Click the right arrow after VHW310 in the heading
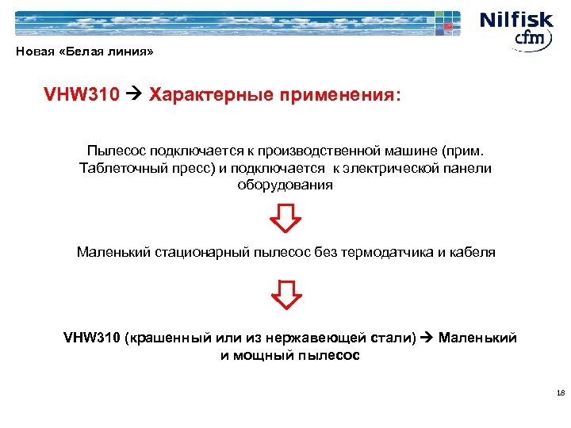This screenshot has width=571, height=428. [135, 96]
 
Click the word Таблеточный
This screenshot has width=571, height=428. [119, 168]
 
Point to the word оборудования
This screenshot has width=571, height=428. [285, 185]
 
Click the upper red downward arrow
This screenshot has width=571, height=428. [285, 218]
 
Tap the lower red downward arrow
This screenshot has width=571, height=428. [285, 294]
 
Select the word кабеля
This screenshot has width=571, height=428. [472, 252]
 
